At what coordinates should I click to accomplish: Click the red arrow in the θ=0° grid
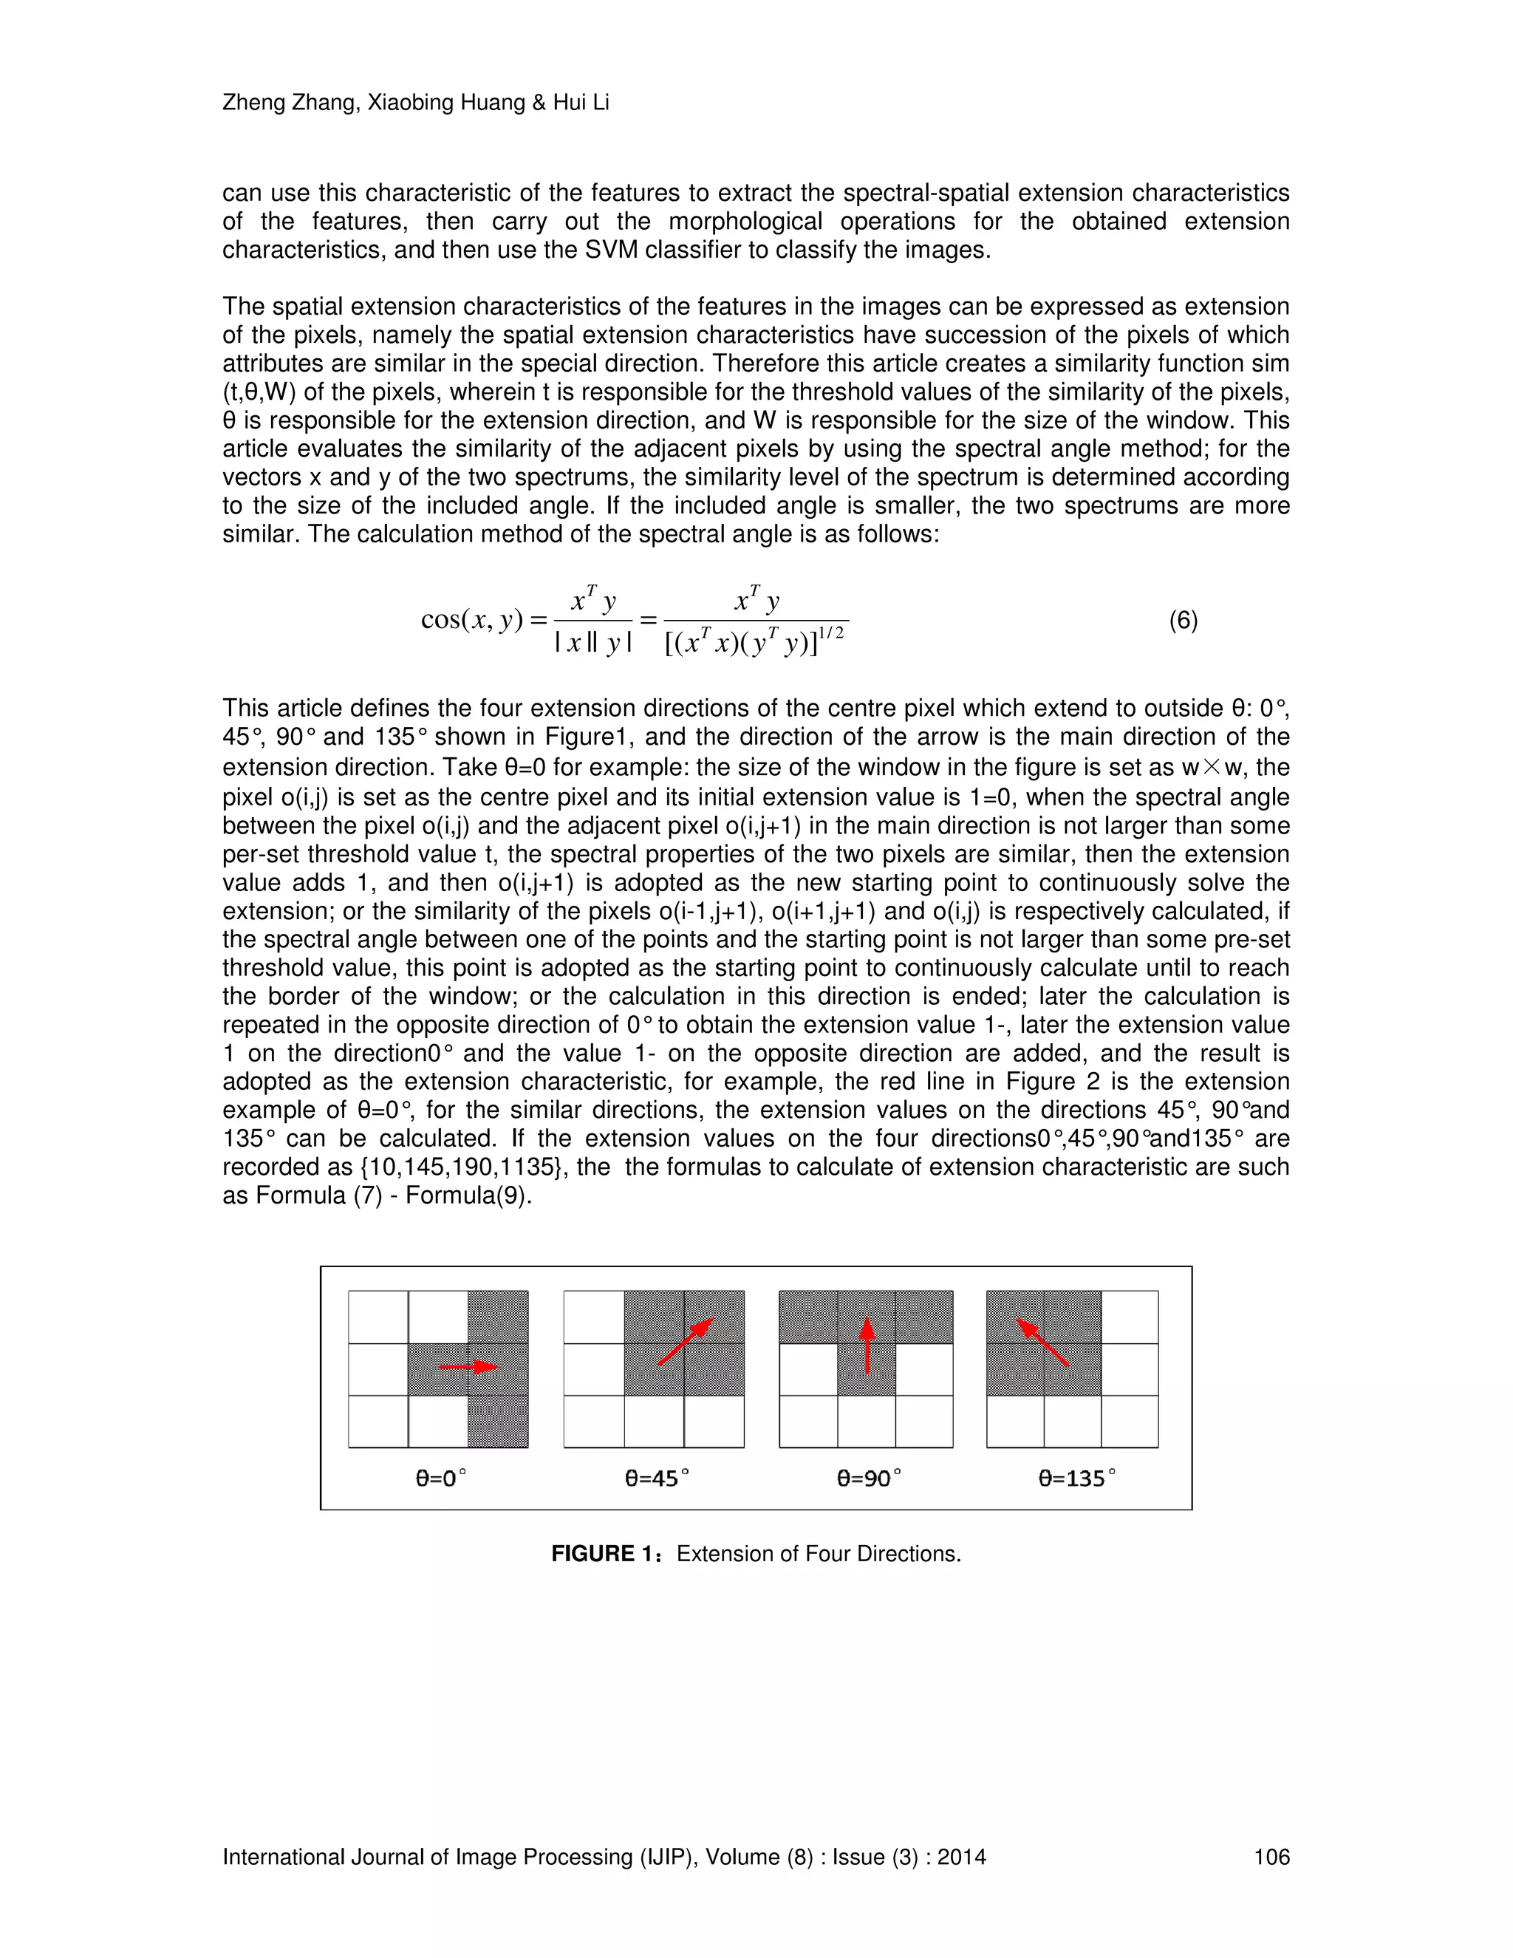coord(468,1367)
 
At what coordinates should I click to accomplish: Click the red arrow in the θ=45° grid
coord(686,1341)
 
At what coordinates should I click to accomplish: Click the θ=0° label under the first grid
coord(441,1478)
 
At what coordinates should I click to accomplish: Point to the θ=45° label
coord(657,1478)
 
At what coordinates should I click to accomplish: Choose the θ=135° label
coord(1076,1478)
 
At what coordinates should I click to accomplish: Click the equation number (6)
coord(1184,621)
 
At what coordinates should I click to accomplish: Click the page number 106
coord(1271,1857)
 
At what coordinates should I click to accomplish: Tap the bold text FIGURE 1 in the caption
coord(605,1554)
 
